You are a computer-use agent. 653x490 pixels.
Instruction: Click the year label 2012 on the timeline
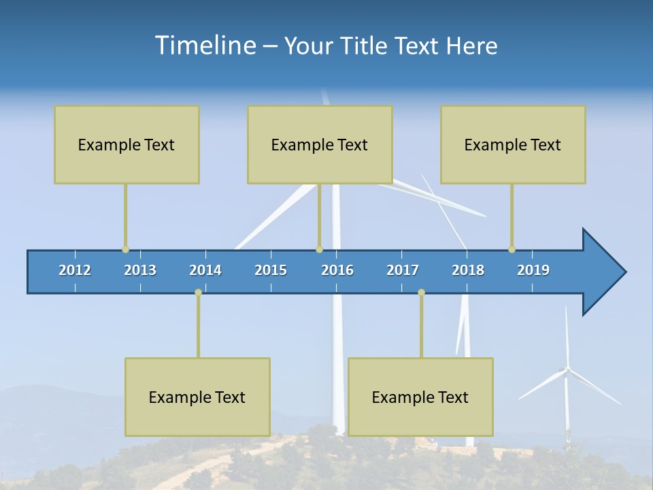point(75,270)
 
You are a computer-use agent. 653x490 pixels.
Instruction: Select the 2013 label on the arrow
point(140,270)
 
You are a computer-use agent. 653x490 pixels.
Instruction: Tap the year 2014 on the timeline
point(205,270)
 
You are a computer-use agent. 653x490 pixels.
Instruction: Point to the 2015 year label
point(271,270)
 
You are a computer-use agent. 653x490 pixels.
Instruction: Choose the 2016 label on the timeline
point(337,270)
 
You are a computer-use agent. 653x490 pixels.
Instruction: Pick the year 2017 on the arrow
point(403,270)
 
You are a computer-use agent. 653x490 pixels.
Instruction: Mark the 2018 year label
point(468,270)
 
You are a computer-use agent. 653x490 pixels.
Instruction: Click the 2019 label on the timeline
point(533,270)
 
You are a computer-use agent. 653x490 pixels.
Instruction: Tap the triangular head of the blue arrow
point(602,272)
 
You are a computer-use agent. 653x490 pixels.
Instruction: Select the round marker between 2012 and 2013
point(125,249)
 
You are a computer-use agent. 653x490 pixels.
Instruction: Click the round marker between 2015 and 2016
point(319,249)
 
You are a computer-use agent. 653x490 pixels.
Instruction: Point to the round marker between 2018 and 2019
point(512,249)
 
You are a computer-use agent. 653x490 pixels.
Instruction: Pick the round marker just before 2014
point(198,292)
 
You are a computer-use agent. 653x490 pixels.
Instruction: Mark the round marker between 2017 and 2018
point(421,292)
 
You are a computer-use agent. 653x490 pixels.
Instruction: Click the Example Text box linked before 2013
point(127,144)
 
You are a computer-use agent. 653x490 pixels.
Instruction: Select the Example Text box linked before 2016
point(320,144)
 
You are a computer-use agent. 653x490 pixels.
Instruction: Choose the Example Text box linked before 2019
point(513,144)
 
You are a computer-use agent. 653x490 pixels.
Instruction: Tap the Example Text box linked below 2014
point(197,397)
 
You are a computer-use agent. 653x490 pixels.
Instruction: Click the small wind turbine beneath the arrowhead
point(566,381)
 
